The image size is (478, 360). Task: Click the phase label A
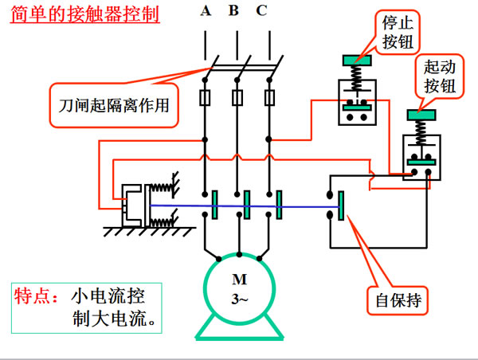206,10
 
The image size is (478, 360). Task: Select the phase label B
233,10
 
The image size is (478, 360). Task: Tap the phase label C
261,10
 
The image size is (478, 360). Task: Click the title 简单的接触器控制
85,14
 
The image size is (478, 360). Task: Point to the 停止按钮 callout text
398,32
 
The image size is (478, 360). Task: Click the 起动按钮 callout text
440,76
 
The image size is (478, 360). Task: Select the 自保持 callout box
398,300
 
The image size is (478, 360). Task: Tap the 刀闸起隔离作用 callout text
114,105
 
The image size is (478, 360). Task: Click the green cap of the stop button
357,61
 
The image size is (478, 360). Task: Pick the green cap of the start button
421,115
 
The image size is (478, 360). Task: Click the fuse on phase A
205,98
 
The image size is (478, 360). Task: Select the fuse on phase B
237,98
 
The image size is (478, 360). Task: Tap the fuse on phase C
269,98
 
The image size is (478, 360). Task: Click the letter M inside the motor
239,280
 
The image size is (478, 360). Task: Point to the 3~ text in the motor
240,299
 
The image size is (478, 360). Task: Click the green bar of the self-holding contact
342,205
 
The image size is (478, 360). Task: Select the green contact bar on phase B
247,205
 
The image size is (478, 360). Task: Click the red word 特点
31,295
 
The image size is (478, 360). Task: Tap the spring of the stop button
357,78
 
